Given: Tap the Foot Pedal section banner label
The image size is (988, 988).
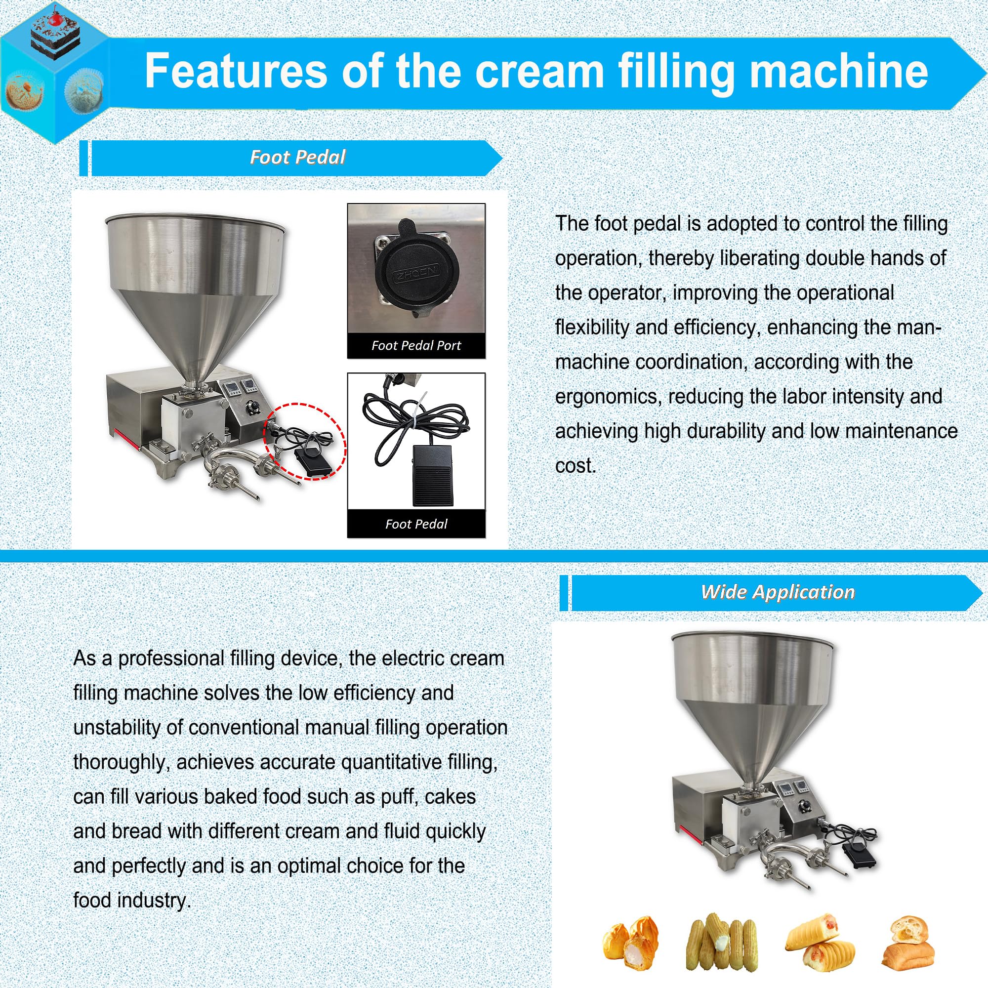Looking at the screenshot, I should [x=297, y=157].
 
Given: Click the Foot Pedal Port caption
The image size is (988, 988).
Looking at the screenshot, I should [x=416, y=346].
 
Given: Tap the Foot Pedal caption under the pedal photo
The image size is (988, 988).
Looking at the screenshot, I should [x=416, y=524].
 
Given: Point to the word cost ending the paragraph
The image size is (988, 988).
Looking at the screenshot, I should [x=576, y=466].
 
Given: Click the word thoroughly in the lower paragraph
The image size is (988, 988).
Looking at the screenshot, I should [x=120, y=762].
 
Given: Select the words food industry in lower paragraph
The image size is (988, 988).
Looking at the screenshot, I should [x=132, y=901].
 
